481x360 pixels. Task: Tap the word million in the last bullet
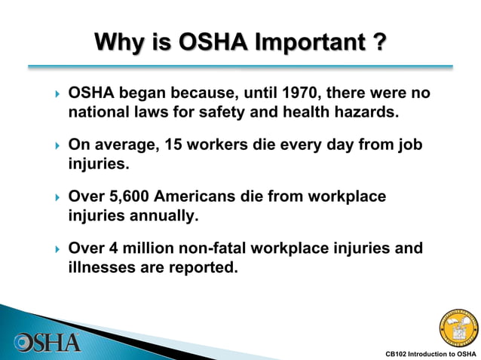(149, 248)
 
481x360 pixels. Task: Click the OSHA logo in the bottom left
(47, 341)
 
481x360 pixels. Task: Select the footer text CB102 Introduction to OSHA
(430, 353)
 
